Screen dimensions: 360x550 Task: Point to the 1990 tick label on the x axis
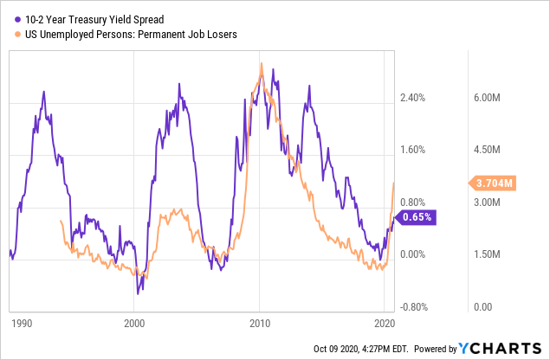(22, 324)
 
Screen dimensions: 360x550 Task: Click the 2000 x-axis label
(134, 324)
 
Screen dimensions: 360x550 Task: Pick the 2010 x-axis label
(259, 324)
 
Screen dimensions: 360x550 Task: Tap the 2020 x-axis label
(385, 324)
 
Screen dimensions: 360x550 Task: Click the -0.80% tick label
(417, 306)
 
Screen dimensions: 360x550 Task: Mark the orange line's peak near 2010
(261, 63)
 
